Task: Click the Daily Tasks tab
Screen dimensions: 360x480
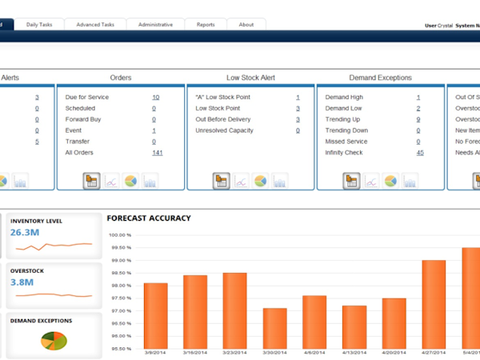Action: (x=39, y=25)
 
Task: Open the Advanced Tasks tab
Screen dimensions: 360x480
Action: (x=95, y=25)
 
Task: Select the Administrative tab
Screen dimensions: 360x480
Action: (x=155, y=25)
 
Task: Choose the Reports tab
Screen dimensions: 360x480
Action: (x=206, y=25)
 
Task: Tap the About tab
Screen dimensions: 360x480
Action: (x=246, y=25)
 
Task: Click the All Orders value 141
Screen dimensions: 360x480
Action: (x=157, y=152)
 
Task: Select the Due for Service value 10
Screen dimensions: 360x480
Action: (x=155, y=97)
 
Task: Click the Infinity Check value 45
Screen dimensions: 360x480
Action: (x=420, y=152)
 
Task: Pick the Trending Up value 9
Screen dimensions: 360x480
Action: (x=418, y=119)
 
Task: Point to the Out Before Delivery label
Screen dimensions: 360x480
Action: (x=223, y=119)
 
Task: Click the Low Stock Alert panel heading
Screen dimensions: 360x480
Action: (x=250, y=78)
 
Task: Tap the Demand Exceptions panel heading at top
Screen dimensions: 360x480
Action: (x=381, y=78)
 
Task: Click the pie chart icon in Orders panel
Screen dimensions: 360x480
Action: (x=130, y=181)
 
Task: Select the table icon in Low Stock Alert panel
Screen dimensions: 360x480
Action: (x=221, y=181)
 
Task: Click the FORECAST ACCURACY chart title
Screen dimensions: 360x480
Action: (x=149, y=217)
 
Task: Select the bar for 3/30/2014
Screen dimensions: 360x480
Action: (x=274, y=329)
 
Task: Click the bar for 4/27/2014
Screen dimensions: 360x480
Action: (x=434, y=305)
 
